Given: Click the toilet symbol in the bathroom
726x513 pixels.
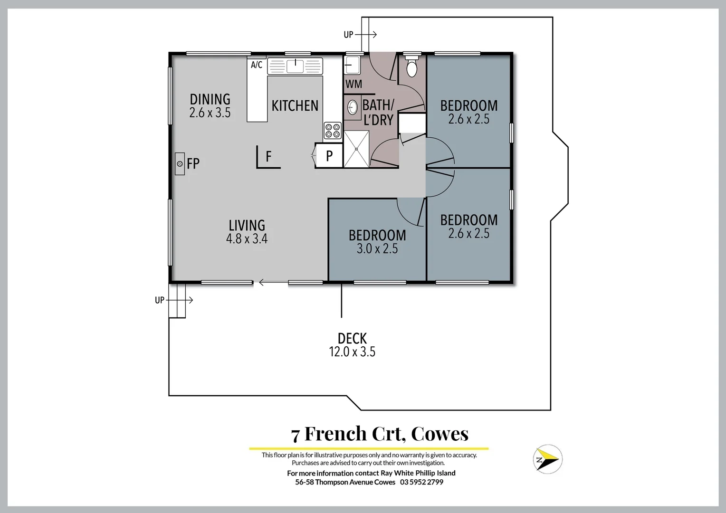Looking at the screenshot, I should [411, 67].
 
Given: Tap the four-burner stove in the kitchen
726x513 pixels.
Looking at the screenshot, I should [333, 130].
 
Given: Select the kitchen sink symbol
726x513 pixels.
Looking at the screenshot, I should [295, 66].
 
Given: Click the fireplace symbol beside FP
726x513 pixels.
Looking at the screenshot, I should [180, 163].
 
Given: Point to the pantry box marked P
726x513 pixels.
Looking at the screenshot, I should [329, 156].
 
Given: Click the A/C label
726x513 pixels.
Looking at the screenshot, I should [257, 65].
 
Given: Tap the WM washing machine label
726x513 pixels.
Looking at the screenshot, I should [353, 84].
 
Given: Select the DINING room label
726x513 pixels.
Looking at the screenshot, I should [210, 99].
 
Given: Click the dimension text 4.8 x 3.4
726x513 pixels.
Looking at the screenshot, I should [247, 238].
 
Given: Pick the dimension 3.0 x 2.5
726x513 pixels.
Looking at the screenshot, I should [377, 248].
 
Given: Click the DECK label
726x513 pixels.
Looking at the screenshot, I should [352, 338].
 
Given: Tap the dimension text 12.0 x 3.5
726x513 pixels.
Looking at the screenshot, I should [352, 352].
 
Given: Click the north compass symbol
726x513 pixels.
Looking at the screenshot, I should [547, 459].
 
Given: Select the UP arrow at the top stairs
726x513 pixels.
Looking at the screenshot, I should [366, 34].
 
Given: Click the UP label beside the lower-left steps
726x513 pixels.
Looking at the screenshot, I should [160, 300].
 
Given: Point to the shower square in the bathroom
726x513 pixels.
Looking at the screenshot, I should [356, 149].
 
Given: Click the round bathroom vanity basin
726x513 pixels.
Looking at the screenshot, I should [353, 107].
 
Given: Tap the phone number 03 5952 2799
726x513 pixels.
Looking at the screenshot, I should [421, 482].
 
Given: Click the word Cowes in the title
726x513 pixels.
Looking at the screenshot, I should [439, 434].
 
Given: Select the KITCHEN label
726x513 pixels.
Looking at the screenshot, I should [295, 105].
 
